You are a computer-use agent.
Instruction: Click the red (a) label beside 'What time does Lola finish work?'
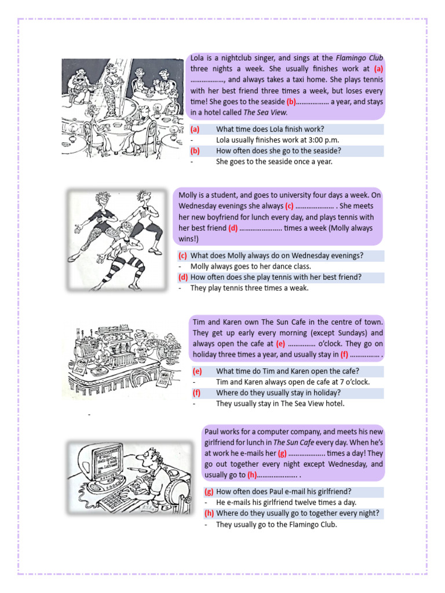pyautogui.click(x=195, y=129)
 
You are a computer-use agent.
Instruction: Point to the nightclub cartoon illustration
pyautogui.click(x=122, y=108)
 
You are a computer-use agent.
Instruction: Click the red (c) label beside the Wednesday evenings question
pyautogui.click(x=183, y=255)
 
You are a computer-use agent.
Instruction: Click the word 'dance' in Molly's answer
pyautogui.click(x=279, y=266)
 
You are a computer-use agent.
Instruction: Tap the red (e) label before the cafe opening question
pyautogui.click(x=197, y=371)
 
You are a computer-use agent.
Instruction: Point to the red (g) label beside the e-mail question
pyautogui.click(x=209, y=492)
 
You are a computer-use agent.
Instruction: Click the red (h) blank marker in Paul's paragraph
pyautogui.click(x=251, y=475)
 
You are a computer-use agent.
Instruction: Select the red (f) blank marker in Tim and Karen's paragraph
pyautogui.click(x=344, y=354)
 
